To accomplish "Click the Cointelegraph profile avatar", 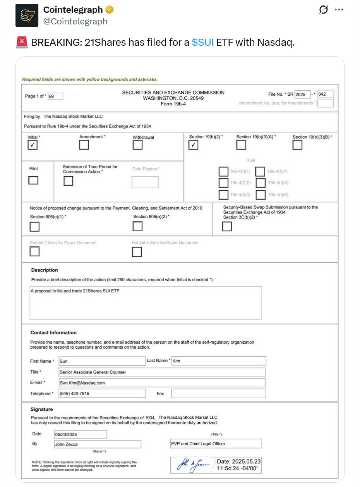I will click(x=27, y=15).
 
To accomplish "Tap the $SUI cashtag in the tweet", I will click(x=202, y=42).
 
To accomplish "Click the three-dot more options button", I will click(x=339, y=10).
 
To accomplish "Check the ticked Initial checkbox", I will click(x=33, y=145).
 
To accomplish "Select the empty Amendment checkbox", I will click(x=84, y=145).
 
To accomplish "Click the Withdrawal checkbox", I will click(x=137, y=145).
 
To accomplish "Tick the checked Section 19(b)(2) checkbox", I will click(x=194, y=145).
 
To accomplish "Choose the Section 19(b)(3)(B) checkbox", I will click(x=298, y=145).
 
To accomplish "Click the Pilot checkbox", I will click(x=33, y=180).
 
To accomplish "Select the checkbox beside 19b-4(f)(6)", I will click(x=261, y=194).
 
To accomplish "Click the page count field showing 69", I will click(x=55, y=96).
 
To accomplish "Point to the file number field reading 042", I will click(x=326, y=94).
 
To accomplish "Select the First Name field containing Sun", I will click(x=102, y=361).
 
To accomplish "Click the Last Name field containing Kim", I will click(x=218, y=361).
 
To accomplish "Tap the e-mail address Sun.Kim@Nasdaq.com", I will click(x=82, y=383).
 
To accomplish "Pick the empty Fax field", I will click(x=218, y=394).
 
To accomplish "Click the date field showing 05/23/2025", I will click(x=80, y=434).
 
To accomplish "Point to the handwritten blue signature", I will click(x=194, y=465).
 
